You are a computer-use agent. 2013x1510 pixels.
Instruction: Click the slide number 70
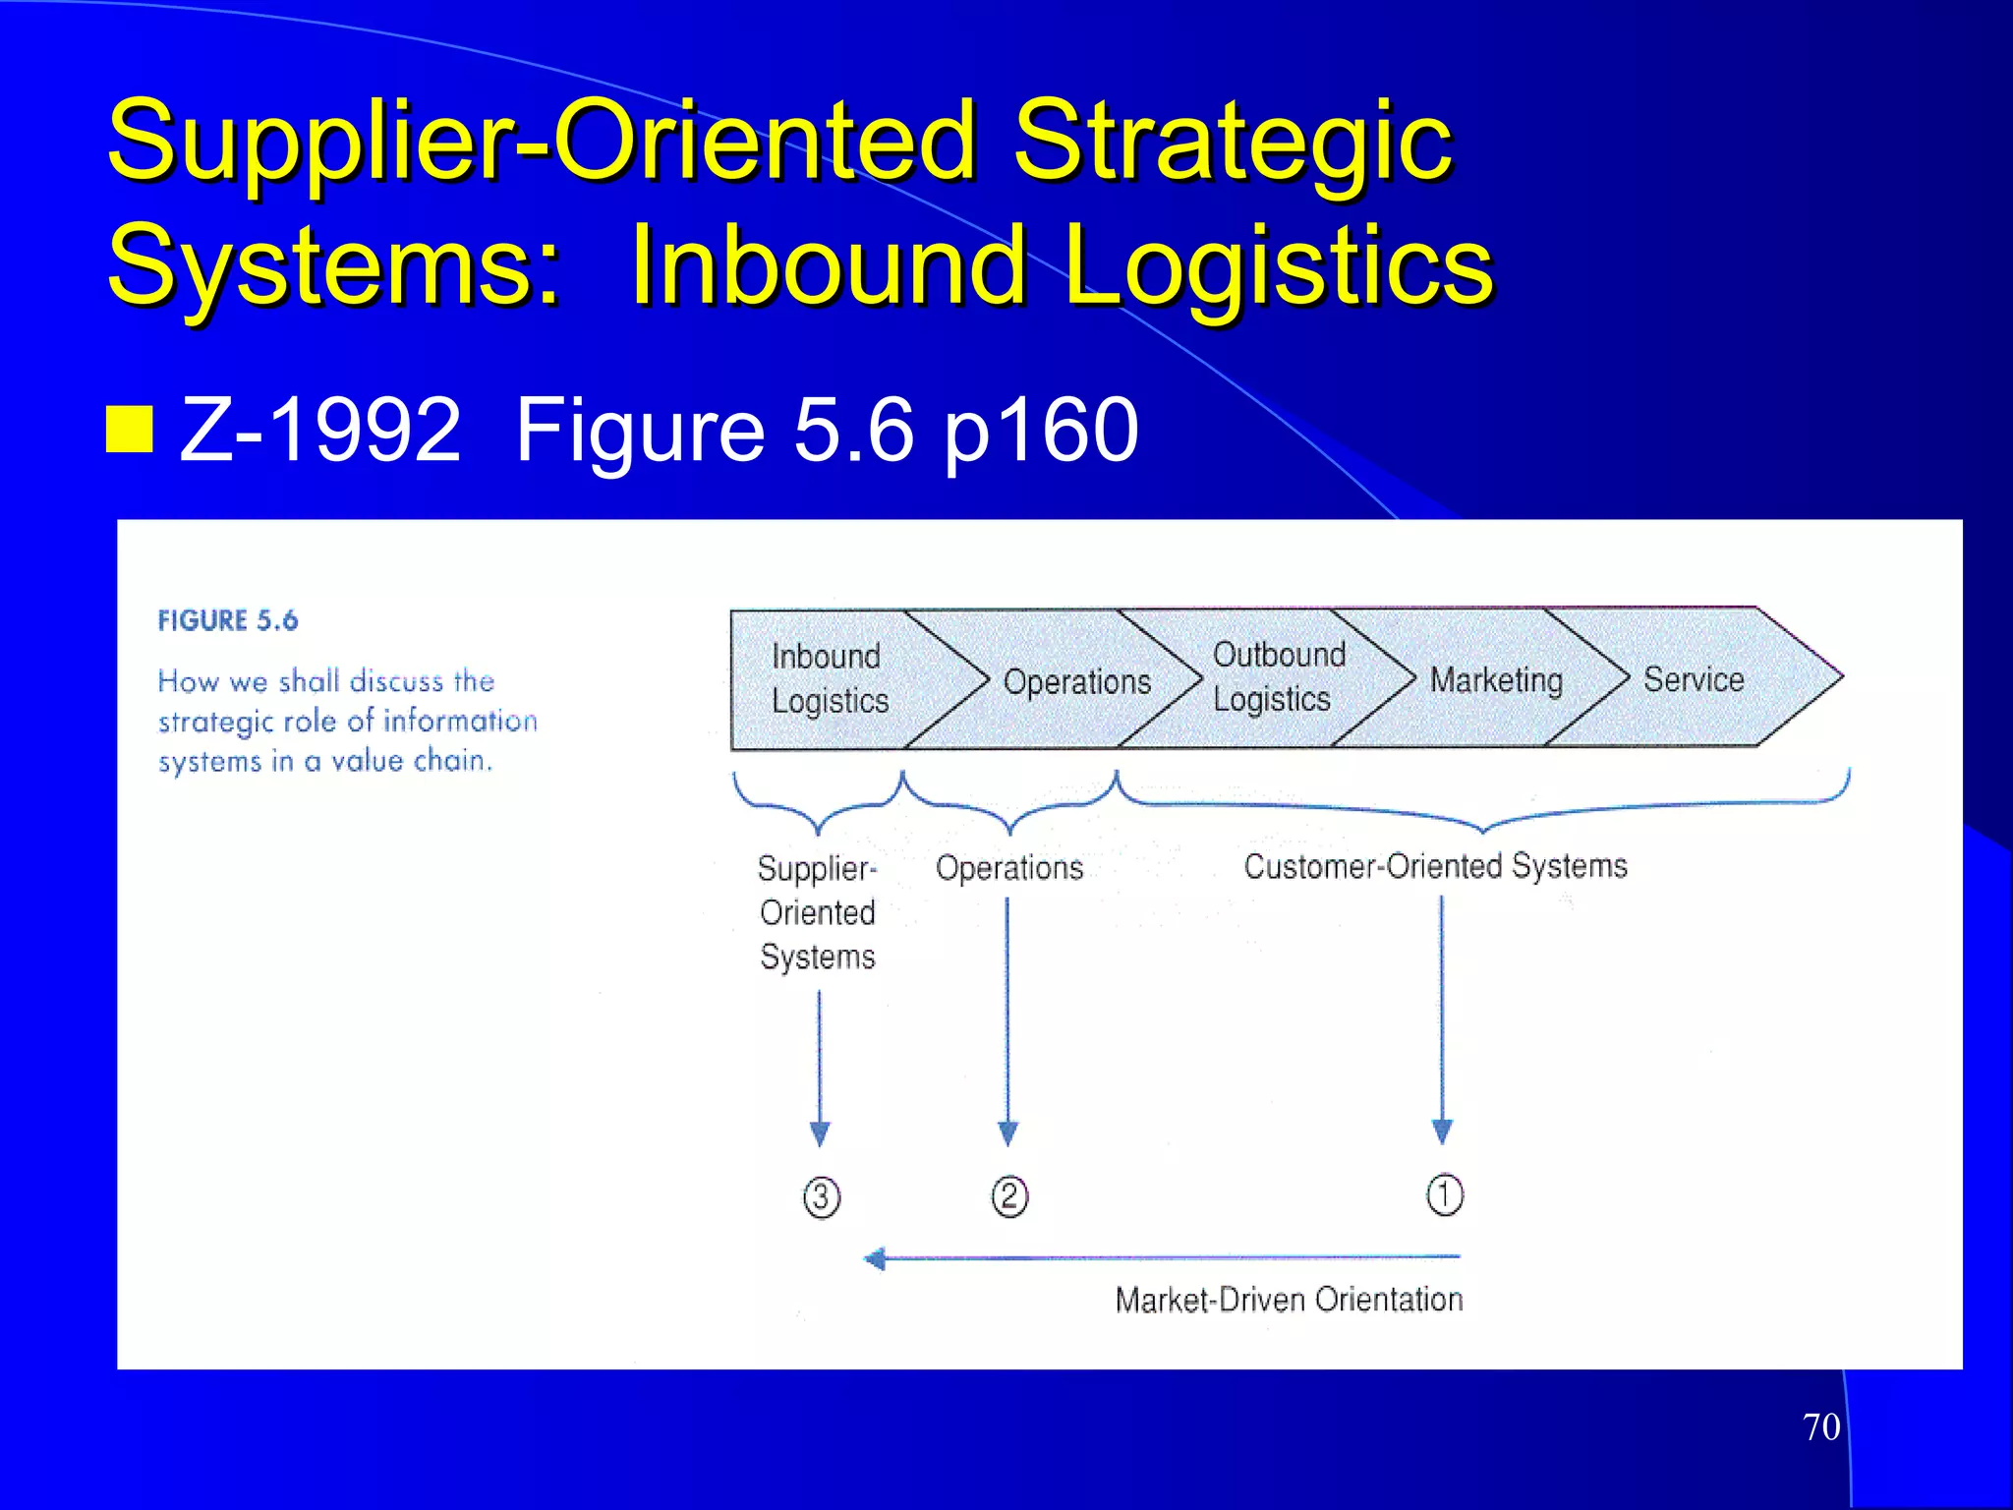(x=1821, y=1426)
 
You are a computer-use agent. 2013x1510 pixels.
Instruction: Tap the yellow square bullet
(x=129, y=429)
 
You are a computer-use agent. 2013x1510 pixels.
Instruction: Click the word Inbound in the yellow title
(x=828, y=264)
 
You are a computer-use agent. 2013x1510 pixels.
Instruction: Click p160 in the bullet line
(x=1041, y=431)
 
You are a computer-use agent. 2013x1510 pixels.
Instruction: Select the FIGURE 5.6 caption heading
(x=227, y=620)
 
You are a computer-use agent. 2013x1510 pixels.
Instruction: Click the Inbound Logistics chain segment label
(x=829, y=678)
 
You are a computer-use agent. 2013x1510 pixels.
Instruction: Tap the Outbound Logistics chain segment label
(x=1278, y=676)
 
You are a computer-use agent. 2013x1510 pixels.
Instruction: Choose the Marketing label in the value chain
(x=1495, y=679)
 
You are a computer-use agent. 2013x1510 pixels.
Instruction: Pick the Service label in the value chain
(x=1694, y=678)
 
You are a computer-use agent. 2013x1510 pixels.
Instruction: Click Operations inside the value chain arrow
(x=1076, y=681)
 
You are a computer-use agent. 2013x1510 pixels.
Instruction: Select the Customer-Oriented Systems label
(x=1435, y=866)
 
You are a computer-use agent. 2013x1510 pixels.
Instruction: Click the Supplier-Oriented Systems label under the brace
(x=817, y=912)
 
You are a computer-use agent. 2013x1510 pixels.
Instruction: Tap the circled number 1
(x=1444, y=1194)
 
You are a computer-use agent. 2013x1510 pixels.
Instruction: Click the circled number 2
(x=1009, y=1196)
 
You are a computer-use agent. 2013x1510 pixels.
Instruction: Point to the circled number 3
(x=822, y=1197)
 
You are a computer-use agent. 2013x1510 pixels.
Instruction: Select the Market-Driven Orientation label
(x=1289, y=1300)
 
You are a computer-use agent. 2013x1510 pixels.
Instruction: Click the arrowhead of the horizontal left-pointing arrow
(x=875, y=1258)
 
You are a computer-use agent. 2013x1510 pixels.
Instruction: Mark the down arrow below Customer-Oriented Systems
(x=1442, y=1022)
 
